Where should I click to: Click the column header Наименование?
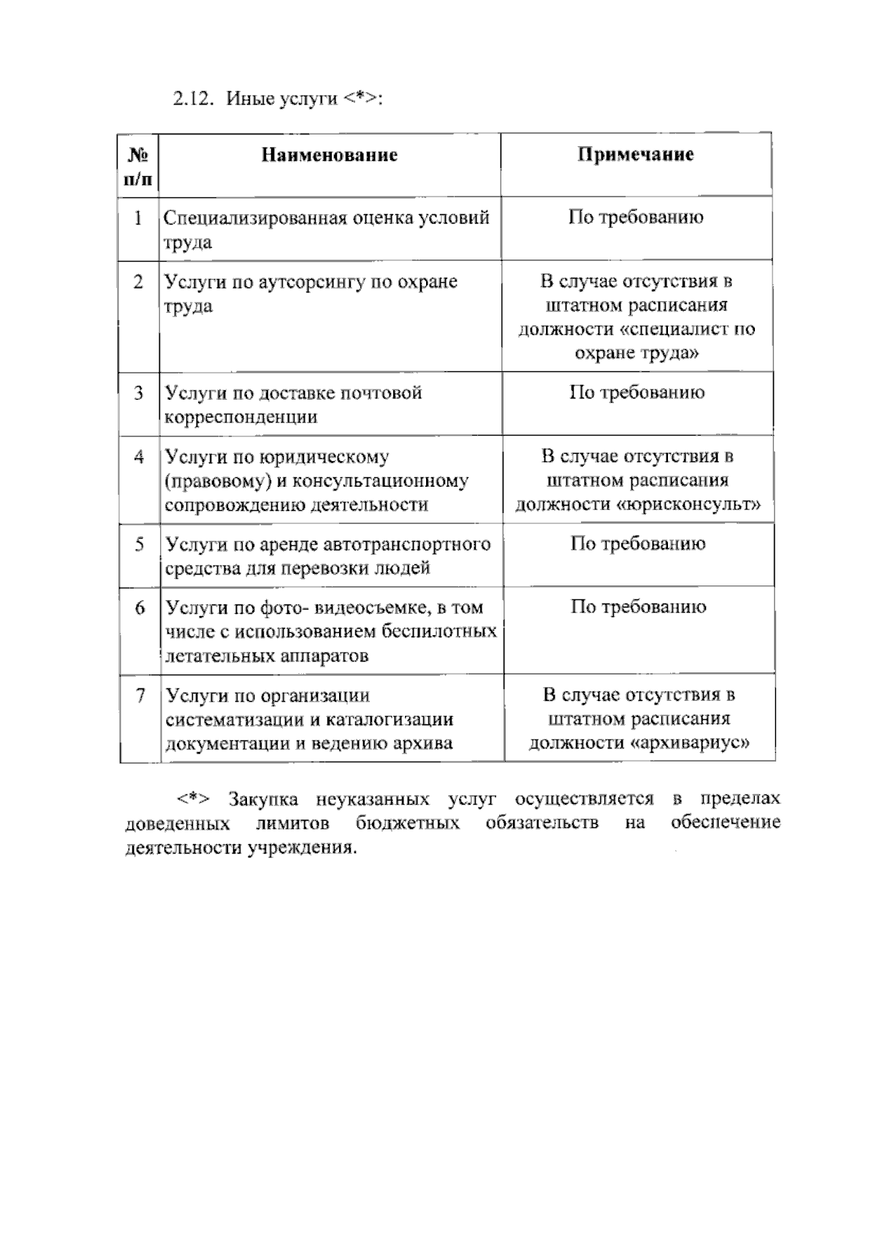point(330,155)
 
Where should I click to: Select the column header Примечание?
point(636,155)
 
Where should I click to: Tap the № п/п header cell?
point(139,166)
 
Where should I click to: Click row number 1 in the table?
point(138,218)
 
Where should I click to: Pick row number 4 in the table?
point(139,458)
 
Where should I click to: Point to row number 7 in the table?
point(140,695)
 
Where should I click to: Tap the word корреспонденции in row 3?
point(241,417)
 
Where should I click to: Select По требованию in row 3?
point(637,393)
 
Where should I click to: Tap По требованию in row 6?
point(638,607)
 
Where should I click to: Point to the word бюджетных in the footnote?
point(408,824)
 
